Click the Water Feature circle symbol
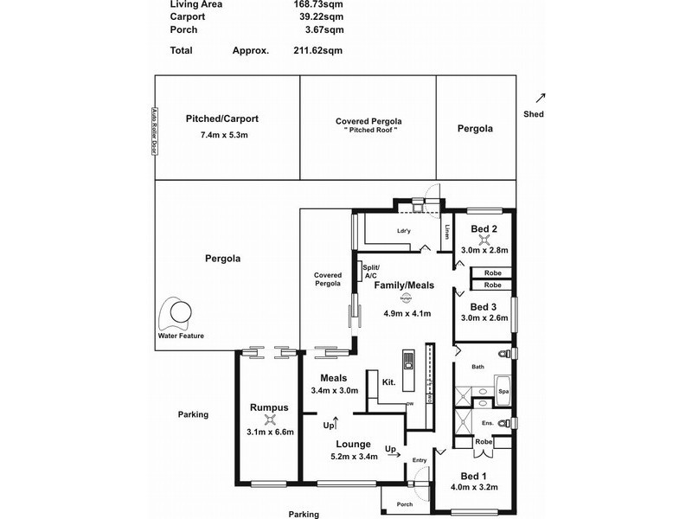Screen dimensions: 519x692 (x=182, y=313)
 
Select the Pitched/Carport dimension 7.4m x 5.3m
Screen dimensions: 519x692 (x=223, y=135)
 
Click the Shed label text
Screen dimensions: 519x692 (x=534, y=114)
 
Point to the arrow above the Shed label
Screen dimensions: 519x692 (x=541, y=98)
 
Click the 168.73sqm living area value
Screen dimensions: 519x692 (x=318, y=4)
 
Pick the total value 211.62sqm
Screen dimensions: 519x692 (x=318, y=50)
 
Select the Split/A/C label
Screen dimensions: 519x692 (x=371, y=272)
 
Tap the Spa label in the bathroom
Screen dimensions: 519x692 (x=503, y=392)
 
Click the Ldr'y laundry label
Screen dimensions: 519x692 (x=403, y=230)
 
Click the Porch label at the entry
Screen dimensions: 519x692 (x=404, y=504)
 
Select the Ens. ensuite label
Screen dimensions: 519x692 (x=488, y=423)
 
